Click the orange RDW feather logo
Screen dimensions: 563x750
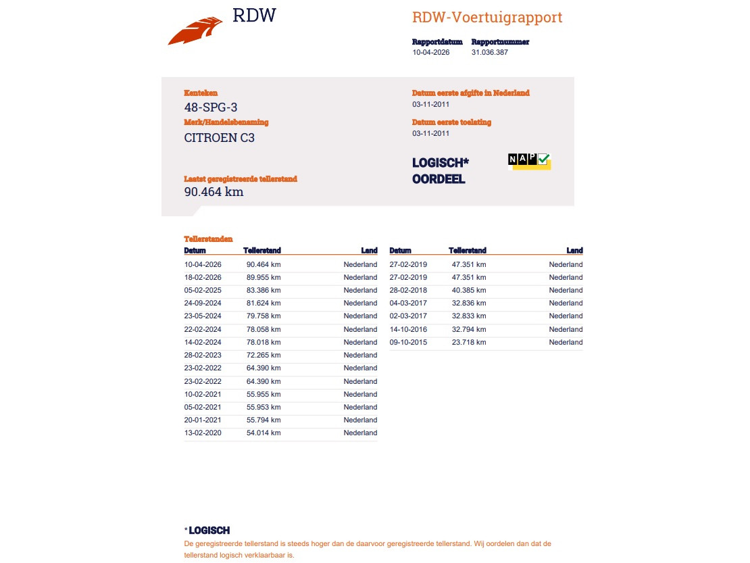coord(195,31)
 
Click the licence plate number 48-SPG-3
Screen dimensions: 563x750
coord(211,107)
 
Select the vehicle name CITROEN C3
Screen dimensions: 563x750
coord(220,137)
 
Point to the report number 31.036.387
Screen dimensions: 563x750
coord(490,52)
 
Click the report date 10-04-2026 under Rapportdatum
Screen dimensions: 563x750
coord(431,52)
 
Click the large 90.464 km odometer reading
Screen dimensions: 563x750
coord(214,191)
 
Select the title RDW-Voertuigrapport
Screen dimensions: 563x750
coord(487,18)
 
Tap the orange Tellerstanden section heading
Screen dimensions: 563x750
coord(208,239)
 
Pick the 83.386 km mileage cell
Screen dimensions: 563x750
coord(264,290)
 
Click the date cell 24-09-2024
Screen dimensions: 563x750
coord(203,303)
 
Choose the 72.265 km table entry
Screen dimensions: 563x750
coord(264,355)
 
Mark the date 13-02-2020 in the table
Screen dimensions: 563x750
coord(203,433)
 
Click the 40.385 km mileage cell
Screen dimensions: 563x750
coord(469,290)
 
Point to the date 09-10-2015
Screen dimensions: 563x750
coord(408,342)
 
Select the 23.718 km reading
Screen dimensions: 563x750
coord(469,342)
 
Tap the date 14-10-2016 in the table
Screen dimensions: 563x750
coord(408,329)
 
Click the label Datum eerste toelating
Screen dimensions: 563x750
coord(451,122)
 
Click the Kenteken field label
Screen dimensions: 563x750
coord(201,93)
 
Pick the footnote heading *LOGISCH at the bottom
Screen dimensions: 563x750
coord(207,531)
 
